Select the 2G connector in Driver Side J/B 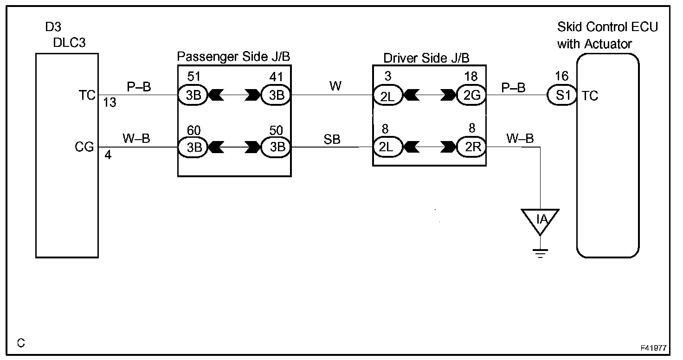tap(471, 96)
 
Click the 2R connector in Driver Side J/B tap(471, 148)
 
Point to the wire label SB tap(332, 140)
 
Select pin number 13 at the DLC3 tap(110, 103)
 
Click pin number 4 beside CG tap(108, 155)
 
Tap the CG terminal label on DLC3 tap(84, 148)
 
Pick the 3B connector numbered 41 tap(276, 96)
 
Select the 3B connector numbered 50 tap(276, 148)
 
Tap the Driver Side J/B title tap(426, 58)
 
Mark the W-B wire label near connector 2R tap(520, 138)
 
